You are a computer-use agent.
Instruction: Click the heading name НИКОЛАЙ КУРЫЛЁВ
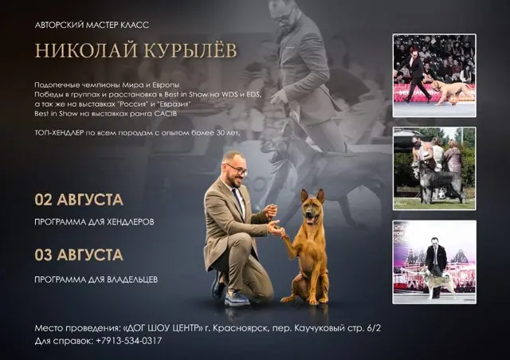135,50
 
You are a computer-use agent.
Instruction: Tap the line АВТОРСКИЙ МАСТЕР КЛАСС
92,25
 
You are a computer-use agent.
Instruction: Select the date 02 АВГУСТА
79,200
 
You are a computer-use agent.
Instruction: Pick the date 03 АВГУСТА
79,255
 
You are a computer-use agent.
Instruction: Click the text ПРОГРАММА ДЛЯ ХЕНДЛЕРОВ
94,222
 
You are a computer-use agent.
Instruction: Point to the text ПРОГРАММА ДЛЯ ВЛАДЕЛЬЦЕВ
96,280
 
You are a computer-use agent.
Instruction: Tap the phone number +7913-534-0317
129,341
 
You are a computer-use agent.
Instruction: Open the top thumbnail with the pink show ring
434,76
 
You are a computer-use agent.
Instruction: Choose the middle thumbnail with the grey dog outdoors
434,169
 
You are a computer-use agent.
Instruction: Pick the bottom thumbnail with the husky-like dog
434,262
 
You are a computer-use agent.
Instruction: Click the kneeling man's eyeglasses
237,170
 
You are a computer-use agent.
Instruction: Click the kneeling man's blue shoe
237,298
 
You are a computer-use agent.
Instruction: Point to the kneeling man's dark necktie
237,201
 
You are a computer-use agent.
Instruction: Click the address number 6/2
374,328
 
